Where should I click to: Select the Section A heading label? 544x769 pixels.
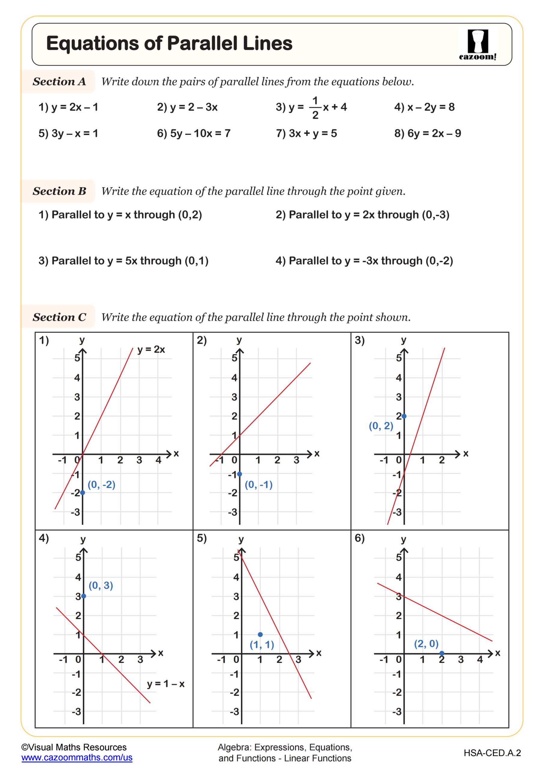pos(59,81)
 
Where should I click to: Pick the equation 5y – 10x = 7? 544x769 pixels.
pos(194,134)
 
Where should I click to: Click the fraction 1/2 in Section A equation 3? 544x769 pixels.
pos(315,108)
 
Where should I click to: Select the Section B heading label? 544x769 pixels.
pos(59,191)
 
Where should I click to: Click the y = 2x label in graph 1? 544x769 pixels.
pos(151,350)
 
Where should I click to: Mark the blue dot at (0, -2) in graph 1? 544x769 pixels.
pos(83,492)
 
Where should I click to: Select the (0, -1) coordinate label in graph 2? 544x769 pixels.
pos(259,484)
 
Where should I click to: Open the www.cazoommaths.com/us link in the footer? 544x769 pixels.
pos(77,758)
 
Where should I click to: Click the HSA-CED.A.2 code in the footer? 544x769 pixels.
pos(492,753)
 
